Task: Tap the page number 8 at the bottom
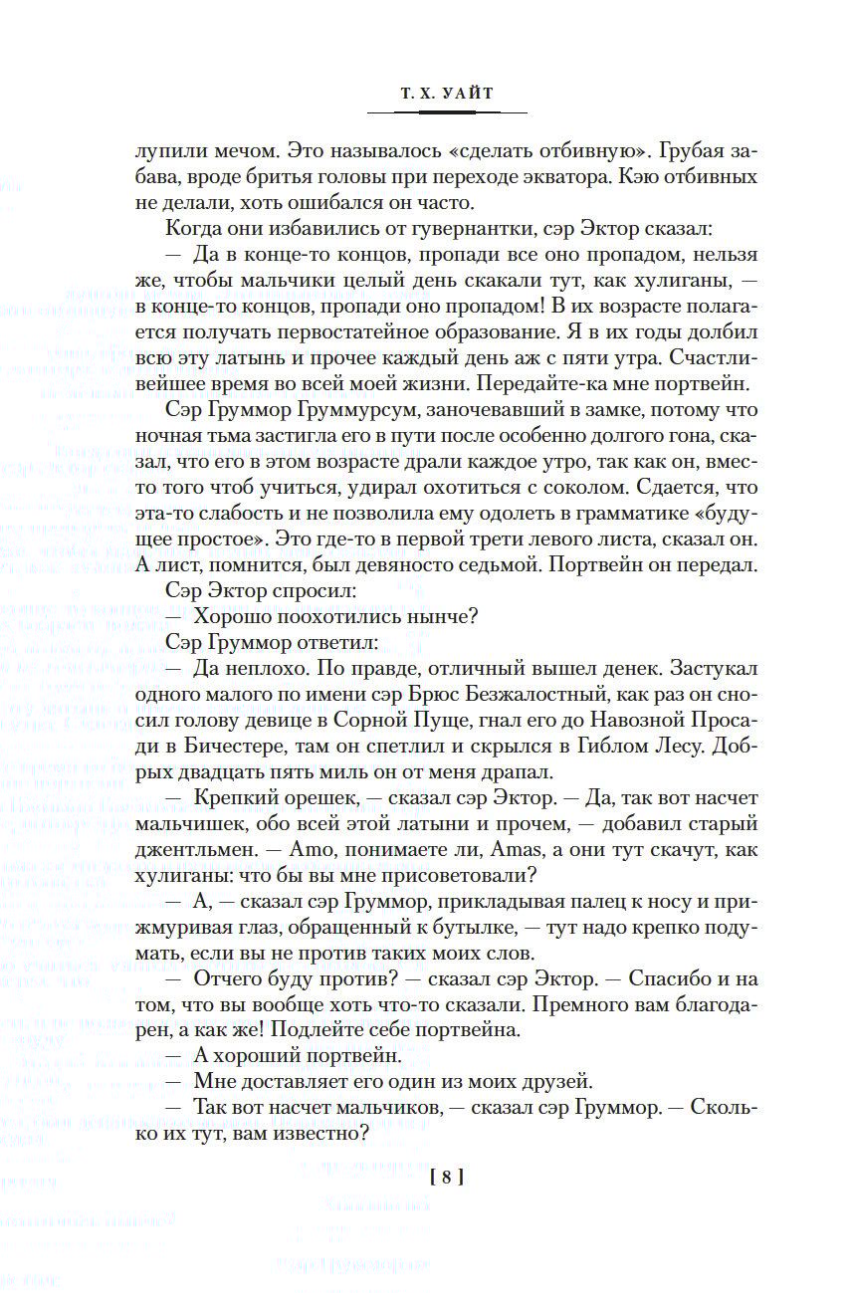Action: [x=447, y=1178]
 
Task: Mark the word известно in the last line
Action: [x=319, y=1136]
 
